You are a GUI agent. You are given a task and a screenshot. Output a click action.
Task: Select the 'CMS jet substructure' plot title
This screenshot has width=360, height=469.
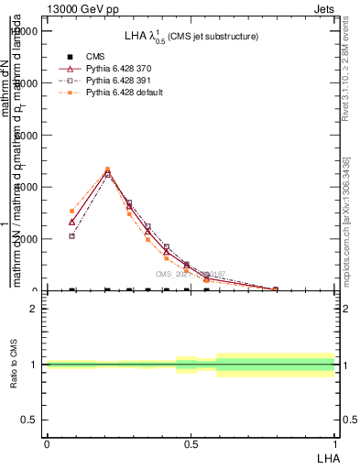[191, 37]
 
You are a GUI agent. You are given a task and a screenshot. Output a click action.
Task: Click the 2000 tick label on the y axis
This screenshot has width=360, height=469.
[27, 239]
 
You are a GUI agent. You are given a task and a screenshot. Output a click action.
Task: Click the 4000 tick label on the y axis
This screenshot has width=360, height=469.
[27, 187]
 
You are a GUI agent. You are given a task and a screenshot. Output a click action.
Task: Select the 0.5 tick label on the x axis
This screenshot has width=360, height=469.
[191, 444]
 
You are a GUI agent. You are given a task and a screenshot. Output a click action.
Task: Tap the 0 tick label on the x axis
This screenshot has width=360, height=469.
[47, 444]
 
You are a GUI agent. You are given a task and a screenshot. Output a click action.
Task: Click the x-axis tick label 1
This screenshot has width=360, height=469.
[335, 444]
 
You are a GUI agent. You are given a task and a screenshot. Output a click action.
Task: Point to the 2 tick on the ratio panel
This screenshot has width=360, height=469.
[35, 309]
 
